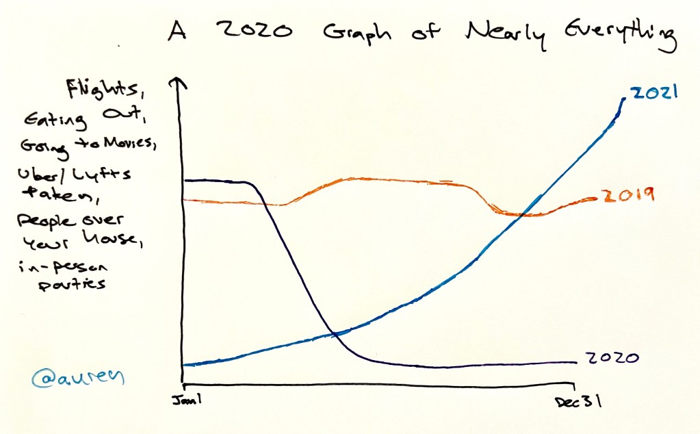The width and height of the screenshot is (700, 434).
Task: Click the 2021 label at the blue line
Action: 654,93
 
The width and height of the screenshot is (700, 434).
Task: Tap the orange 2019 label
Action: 627,196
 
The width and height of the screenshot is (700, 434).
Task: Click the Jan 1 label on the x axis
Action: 180,399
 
